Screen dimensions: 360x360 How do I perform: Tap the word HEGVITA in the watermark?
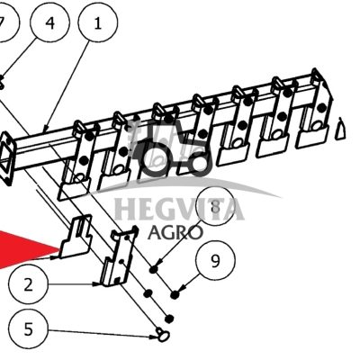[179, 209]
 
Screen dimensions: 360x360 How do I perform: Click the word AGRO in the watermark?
[175, 232]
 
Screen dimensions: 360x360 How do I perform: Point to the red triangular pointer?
[29, 248]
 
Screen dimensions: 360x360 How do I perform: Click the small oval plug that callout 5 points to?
[163, 335]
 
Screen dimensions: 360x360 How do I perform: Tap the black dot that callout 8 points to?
[154, 269]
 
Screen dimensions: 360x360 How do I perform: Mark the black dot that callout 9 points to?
[175, 295]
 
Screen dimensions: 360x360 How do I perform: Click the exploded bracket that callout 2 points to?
[118, 257]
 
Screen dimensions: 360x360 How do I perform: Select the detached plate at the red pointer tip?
[75, 237]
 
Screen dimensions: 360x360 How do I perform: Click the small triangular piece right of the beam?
[339, 129]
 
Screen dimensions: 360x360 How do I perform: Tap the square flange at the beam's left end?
[7, 158]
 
